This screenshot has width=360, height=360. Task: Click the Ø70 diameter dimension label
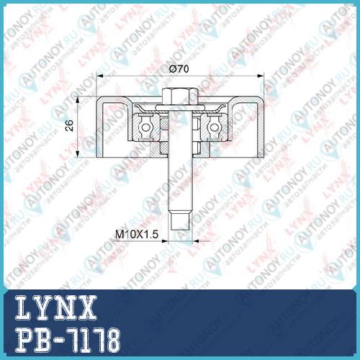[x=179, y=69]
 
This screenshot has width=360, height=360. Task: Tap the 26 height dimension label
[x=69, y=125]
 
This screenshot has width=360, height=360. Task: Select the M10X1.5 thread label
[x=137, y=234]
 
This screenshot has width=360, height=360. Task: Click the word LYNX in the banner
[x=56, y=307]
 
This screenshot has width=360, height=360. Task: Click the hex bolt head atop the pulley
[x=180, y=96]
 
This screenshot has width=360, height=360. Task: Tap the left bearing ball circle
[x=145, y=127]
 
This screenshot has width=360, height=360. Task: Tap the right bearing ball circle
[x=215, y=127]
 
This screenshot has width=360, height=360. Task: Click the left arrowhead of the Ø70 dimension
[x=99, y=76]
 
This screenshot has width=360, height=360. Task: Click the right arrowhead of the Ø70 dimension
[x=261, y=76]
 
